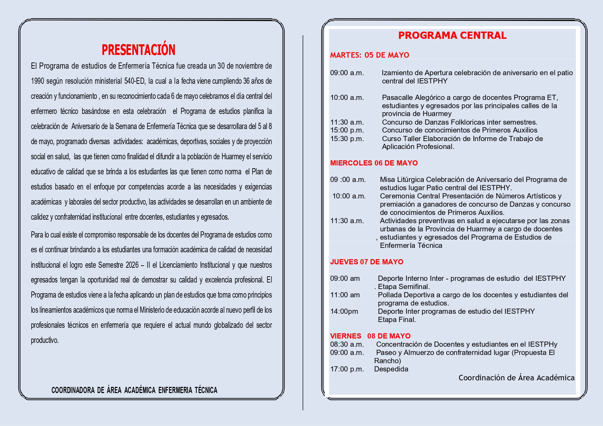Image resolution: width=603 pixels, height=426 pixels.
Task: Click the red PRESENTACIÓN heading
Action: [x=138, y=50]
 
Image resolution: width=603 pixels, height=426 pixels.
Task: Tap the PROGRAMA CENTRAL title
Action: [x=452, y=35]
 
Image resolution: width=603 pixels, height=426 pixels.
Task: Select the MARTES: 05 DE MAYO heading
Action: [x=370, y=55]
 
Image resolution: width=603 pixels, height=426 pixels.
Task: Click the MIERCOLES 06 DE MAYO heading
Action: [x=374, y=163]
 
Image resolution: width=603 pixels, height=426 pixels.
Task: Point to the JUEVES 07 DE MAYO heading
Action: [x=367, y=262]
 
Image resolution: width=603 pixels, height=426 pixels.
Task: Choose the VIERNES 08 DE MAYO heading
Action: [x=370, y=336]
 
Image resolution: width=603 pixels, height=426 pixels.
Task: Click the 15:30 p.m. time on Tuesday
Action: [x=347, y=139]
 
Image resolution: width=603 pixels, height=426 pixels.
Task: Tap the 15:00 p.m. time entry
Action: [x=347, y=130]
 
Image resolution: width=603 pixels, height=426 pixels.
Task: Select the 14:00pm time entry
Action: [x=344, y=311]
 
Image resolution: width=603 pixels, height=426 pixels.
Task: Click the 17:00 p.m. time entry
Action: [x=347, y=369]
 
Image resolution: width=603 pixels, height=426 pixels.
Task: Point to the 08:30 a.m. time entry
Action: [x=347, y=344]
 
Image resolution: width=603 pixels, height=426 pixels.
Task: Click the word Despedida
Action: [x=391, y=369]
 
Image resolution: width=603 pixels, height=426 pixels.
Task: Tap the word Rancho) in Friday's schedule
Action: [x=388, y=361]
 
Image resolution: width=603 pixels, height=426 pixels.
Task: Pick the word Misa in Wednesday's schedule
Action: [x=387, y=180]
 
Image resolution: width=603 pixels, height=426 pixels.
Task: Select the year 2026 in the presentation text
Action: [x=132, y=265]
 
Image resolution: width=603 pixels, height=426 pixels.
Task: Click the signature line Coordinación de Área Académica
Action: [x=516, y=378]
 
